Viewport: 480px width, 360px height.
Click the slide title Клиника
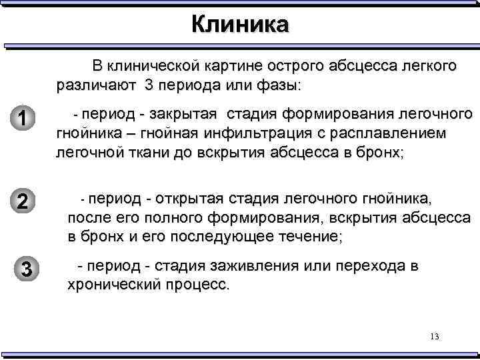240,25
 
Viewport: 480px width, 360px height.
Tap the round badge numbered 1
23,119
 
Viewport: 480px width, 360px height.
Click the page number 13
434,337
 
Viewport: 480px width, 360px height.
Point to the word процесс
197,285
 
